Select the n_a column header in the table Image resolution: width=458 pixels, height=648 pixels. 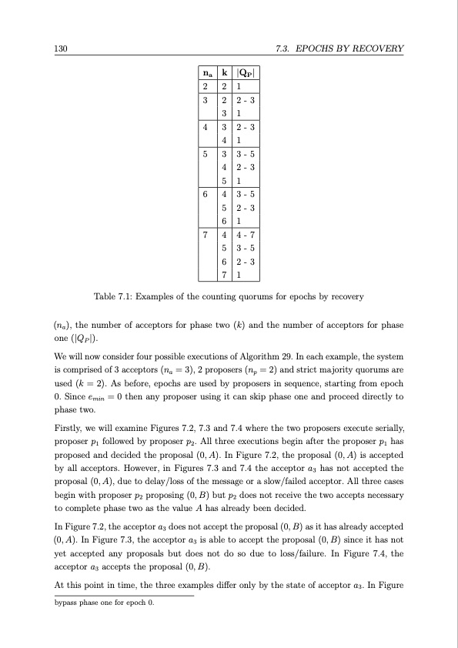click(x=206, y=74)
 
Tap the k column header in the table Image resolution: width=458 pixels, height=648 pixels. click(x=223, y=74)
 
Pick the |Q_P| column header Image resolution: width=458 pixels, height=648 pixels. click(x=245, y=74)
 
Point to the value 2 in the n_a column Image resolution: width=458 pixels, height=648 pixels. click(x=206, y=87)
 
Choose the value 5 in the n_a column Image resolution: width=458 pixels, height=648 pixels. click(x=206, y=153)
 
